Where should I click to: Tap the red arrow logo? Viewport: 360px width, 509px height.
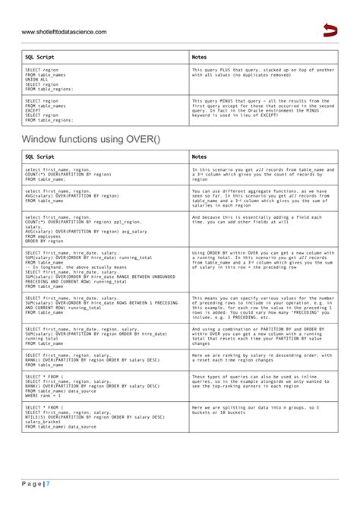330,30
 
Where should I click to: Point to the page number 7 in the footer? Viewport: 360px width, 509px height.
48,484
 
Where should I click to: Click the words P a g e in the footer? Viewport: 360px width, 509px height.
33,484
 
